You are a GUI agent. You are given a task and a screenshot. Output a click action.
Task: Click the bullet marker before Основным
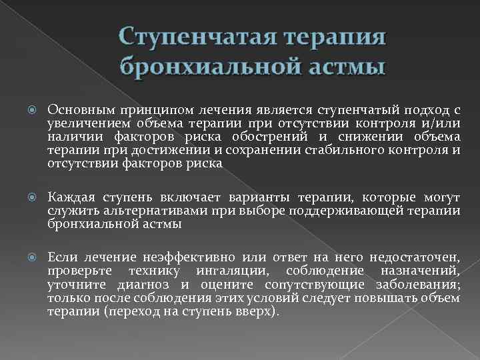[x=34, y=109]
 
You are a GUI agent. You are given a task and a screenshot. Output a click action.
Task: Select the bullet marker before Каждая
[x=34, y=198]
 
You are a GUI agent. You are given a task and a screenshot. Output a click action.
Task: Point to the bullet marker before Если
[x=34, y=257]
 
